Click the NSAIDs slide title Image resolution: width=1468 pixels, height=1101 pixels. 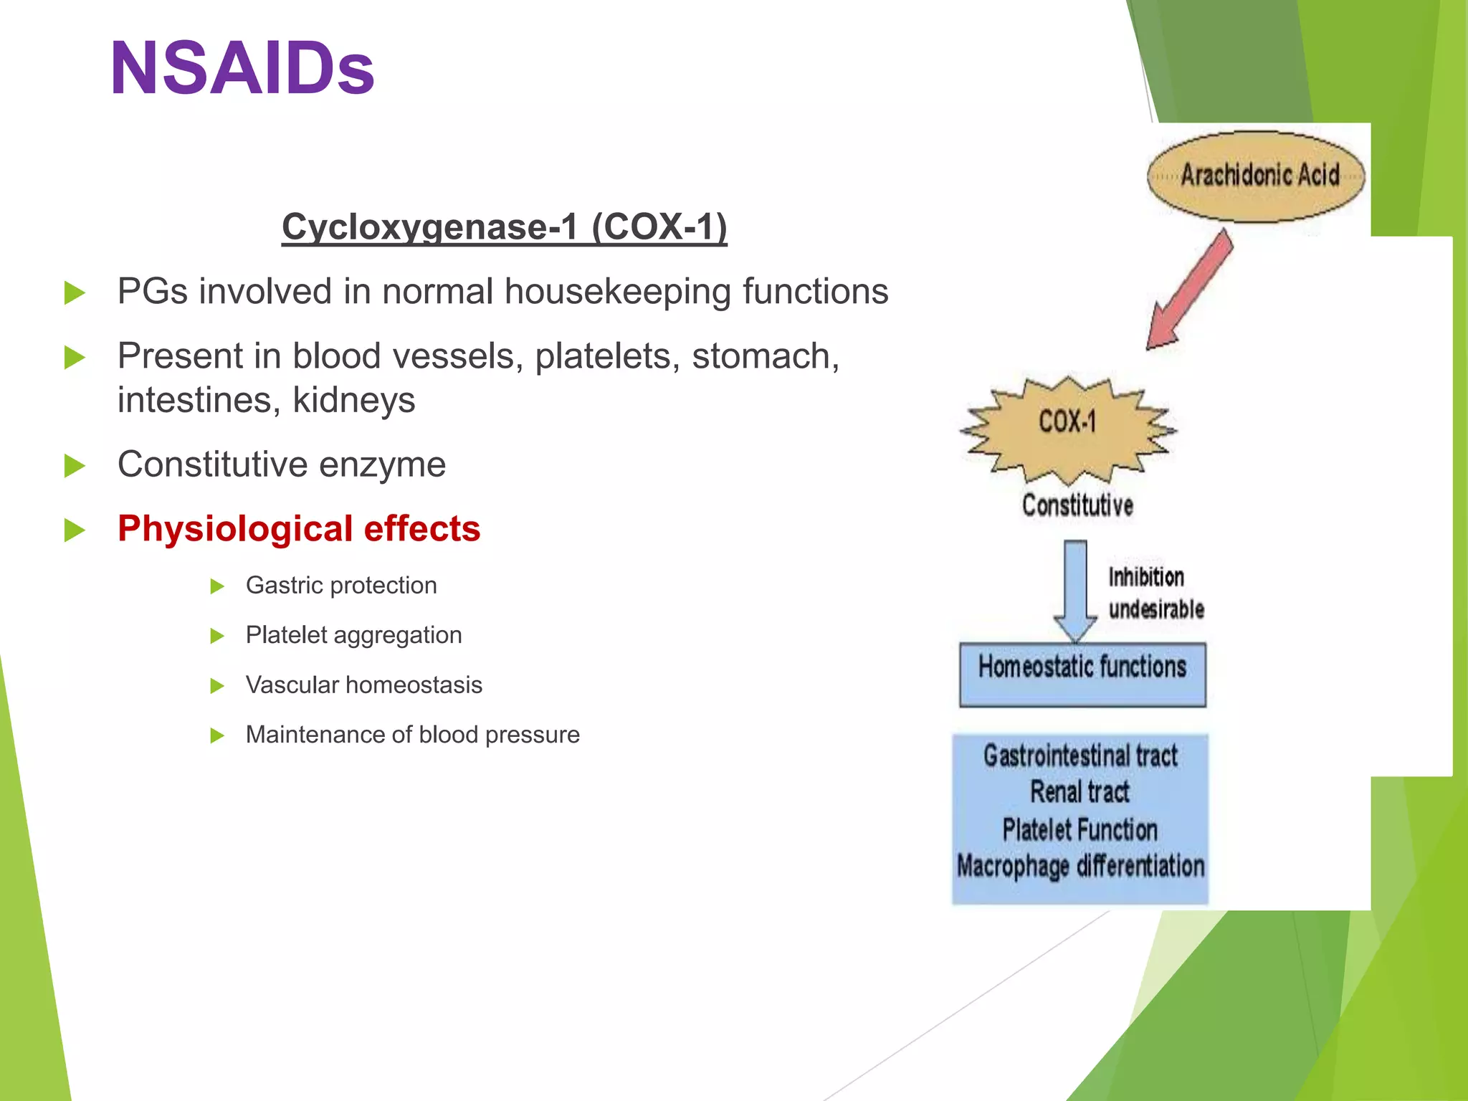coord(242,68)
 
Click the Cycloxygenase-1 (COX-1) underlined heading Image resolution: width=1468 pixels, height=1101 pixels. coord(504,227)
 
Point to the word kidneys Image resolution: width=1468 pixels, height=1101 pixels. coord(354,400)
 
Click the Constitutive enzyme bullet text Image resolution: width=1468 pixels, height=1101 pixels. coord(282,464)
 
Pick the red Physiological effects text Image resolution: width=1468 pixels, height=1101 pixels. coord(299,529)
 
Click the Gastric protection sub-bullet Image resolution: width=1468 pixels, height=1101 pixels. coord(341,586)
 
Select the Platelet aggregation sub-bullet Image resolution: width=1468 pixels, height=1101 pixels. coord(353,635)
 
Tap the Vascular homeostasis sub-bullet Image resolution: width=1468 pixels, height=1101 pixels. coord(363,685)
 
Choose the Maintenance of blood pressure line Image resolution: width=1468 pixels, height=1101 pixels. coord(412,735)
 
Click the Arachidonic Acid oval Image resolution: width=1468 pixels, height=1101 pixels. coord(1256,176)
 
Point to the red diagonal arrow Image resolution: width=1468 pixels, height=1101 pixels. coord(1190,290)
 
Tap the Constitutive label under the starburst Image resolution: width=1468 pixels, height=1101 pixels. coord(1077,505)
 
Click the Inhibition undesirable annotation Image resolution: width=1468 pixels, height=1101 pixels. coord(1155,593)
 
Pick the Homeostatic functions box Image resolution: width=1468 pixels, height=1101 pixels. coord(1082,674)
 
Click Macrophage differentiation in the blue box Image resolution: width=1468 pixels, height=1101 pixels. coord(1080,866)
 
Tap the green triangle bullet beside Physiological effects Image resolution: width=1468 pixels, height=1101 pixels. coord(75,530)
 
